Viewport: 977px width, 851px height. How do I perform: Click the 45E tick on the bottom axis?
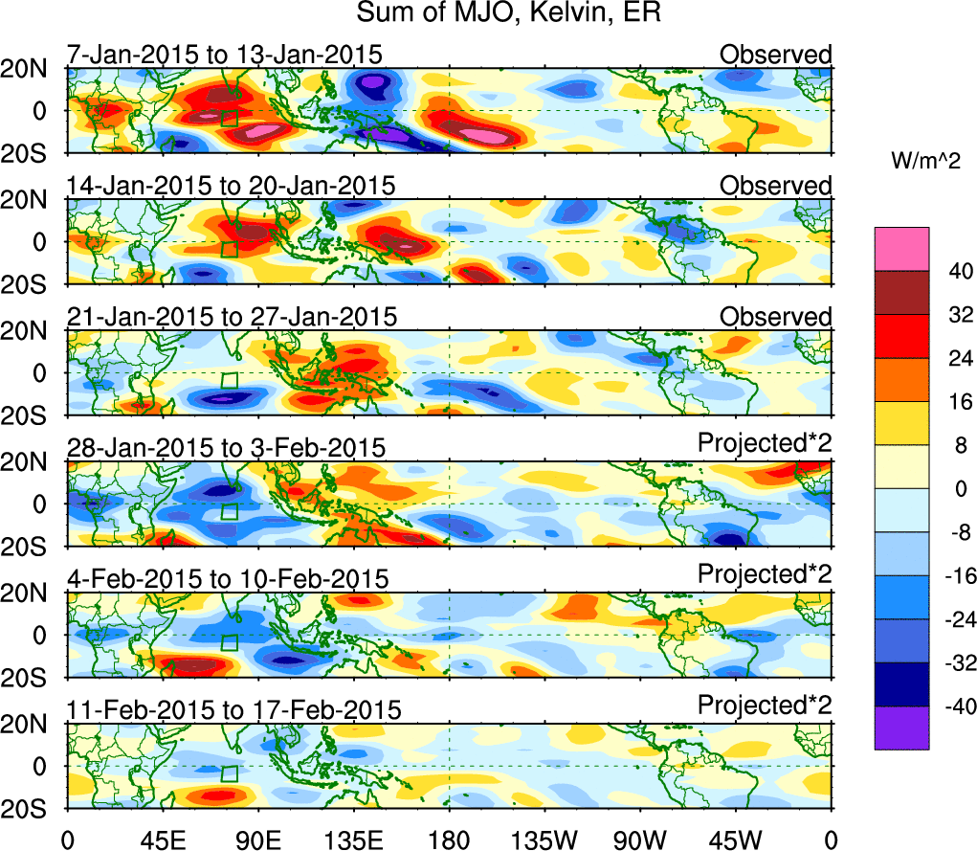pyautogui.click(x=163, y=840)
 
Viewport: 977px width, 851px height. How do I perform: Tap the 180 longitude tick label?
pyautogui.click(x=449, y=840)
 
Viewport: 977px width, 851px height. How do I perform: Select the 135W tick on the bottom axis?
pyautogui.click(x=544, y=840)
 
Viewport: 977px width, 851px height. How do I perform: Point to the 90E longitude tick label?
pyautogui.click(x=258, y=840)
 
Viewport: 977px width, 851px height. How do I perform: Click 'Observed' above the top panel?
pyautogui.click(x=776, y=55)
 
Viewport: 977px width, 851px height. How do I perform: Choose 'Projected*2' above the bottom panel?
pyautogui.click(x=765, y=705)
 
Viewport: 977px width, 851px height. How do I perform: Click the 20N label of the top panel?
pyautogui.click(x=33, y=69)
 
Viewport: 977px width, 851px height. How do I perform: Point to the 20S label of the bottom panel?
pyautogui.click(x=33, y=809)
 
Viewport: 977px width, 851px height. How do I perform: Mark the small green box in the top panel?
pyautogui.click(x=230, y=119)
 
